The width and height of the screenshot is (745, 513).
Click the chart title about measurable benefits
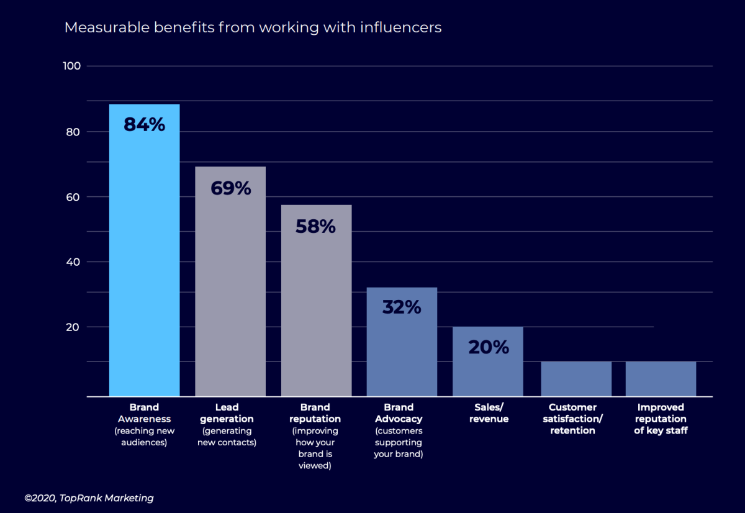tap(253, 28)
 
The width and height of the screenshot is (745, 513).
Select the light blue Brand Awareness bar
tap(144, 261)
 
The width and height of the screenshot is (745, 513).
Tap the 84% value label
tap(144, 125)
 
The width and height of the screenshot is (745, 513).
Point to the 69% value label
tap(230, 188)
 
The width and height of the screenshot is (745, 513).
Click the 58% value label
tap(315, 227)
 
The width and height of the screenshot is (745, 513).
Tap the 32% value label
tap(402, 307)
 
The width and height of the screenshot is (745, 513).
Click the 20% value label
tap(488, 347)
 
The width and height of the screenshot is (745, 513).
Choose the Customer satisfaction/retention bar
tap(576, 379)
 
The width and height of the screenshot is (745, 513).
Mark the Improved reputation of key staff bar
tap(661, 379)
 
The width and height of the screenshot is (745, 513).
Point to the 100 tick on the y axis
tap(73, 66)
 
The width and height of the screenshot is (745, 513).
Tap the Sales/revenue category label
tap(488, 413)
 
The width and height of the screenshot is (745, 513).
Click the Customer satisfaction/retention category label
tap(572, 419)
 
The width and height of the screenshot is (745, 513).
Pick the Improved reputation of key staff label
tap(661, 419)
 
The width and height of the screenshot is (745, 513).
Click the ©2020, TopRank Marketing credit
tap(89, 498)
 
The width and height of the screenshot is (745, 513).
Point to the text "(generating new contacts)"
tap(227, 437)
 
